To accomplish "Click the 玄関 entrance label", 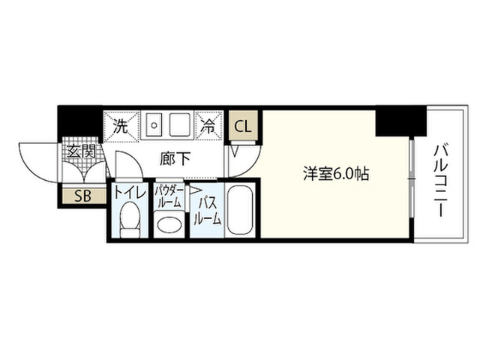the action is click(82, 151).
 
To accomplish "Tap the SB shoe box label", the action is click(83, 196).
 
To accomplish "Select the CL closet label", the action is click(243, 126).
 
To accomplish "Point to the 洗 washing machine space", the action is click(121, 126).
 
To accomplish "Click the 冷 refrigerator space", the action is click(208, 126).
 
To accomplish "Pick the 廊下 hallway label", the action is click(175, 158).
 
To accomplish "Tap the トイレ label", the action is click(129, 193).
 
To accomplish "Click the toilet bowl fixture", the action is click(130, 219).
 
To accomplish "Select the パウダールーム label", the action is click(169, 197).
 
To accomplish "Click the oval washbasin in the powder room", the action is click(169, 224).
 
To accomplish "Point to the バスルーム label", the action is click(207, 211).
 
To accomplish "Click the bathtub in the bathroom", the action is click(240, 210).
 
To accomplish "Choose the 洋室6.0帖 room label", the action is click(336, 174).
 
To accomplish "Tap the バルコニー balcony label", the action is click(441, 181).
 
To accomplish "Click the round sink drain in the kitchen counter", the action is click(154, 125).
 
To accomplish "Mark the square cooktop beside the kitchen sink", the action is click(179, 124).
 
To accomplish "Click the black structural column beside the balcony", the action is click(401, 121).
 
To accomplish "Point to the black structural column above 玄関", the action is click(80, 121).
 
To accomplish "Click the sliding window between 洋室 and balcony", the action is click(412, 178).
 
